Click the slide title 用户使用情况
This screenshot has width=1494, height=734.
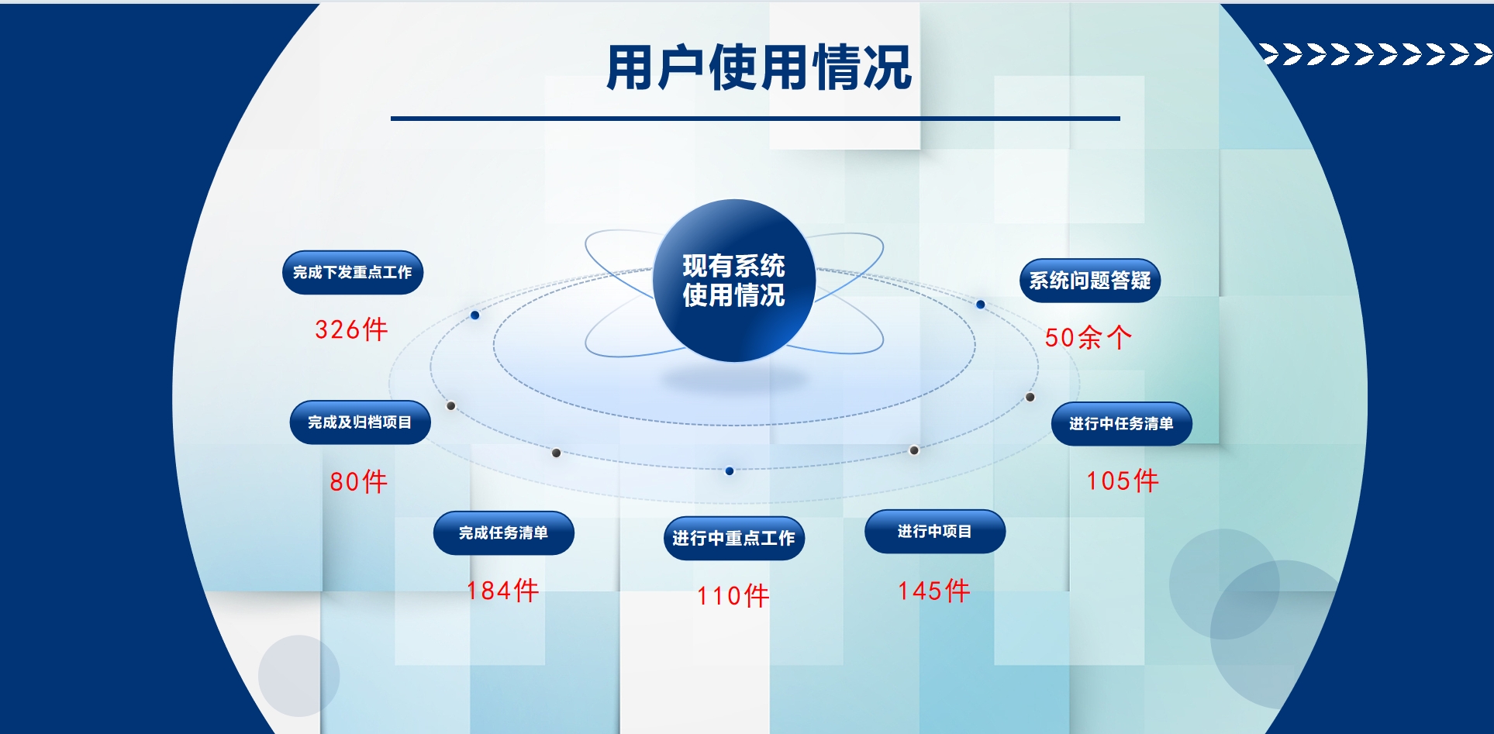pos(758,68)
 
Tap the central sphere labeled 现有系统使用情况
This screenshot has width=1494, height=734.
pos(733,281)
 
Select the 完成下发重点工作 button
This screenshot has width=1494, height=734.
pos(353,272)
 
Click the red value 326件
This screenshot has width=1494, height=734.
pos(351,329)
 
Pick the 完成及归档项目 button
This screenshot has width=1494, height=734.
pos(360,422)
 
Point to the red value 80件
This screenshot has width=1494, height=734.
pos(358,481)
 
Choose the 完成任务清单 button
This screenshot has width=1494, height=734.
pos(503,532)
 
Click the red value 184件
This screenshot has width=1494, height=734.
pos(502,591)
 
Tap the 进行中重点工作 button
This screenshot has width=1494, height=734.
pos(733,538)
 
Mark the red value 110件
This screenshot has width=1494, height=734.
pos(733,596)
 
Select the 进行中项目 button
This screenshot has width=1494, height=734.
pos(935,531)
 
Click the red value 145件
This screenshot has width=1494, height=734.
pos(933,591)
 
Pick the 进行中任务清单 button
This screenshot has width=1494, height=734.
pos(1121,423)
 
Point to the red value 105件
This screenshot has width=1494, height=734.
pos(1123,481)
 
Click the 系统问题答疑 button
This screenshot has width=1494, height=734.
pos(1090,280)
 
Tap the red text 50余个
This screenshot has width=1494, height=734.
pos(1088,337)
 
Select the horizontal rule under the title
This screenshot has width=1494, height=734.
pos(755,119)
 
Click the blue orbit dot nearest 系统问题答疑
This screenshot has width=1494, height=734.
pos(981,305)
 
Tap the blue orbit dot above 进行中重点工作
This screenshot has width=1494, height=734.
pos(730,470)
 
